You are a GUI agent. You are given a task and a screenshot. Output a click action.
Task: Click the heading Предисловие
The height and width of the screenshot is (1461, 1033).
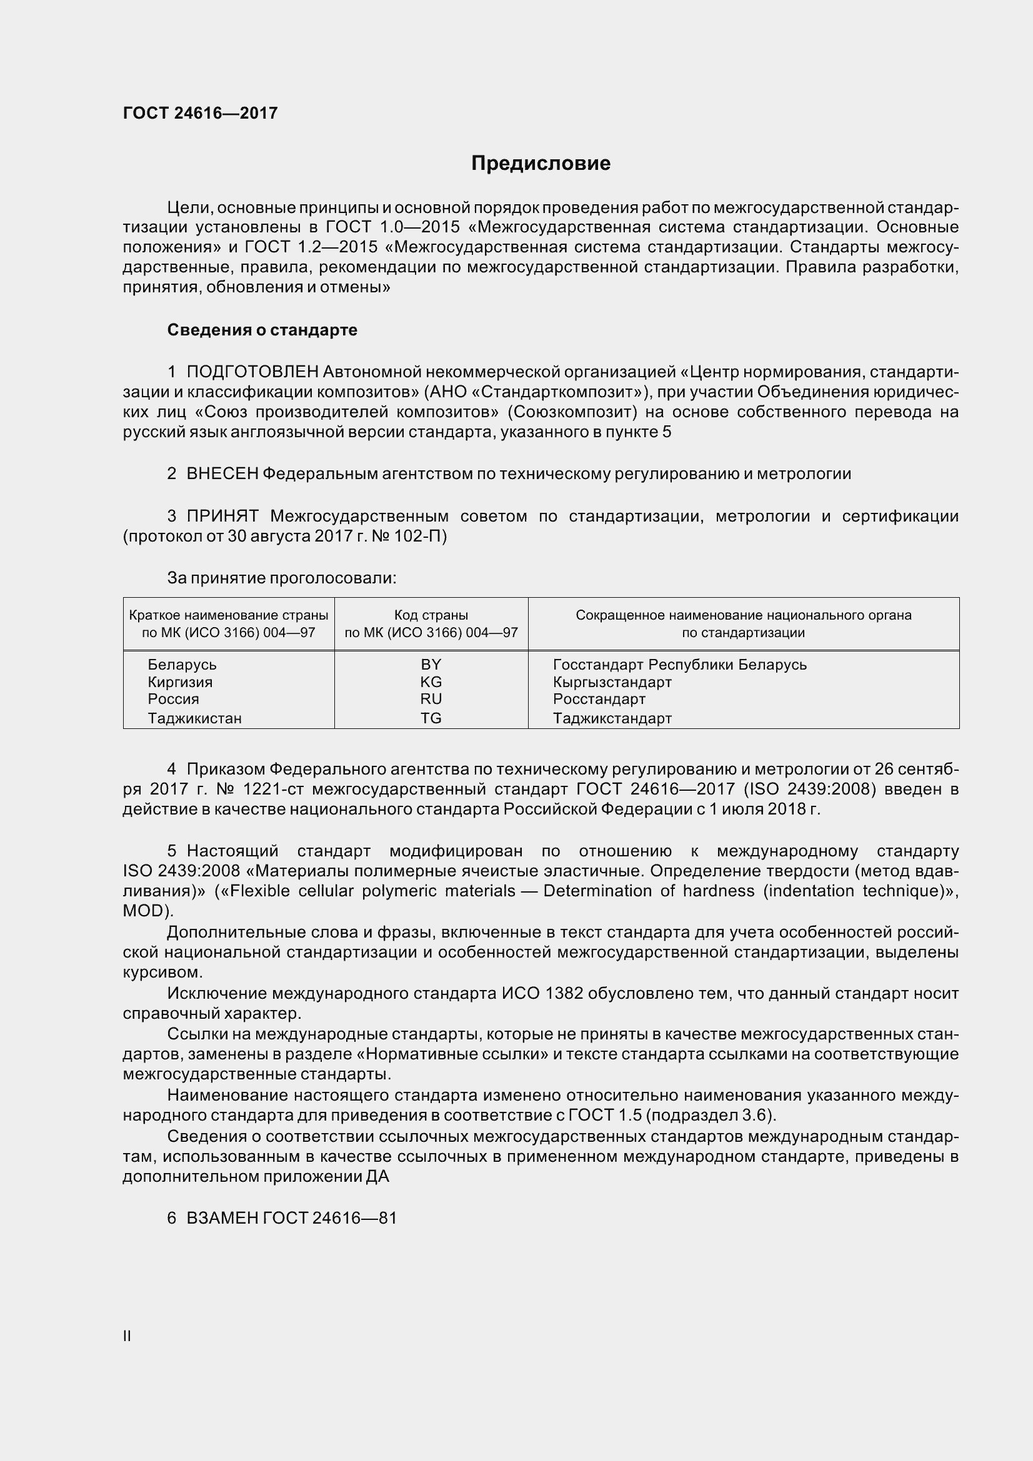(x=541, y=164)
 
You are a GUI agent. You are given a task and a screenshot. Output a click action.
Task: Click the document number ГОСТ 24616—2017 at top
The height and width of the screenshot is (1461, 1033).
(x=200, y=113)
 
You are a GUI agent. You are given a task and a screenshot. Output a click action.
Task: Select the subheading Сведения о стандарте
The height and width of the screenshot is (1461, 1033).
(x=262, y=330)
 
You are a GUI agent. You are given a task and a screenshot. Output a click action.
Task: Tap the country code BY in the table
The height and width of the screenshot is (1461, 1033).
(x=431, y=665)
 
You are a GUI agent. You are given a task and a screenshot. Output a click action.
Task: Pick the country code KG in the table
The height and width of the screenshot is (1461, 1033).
(x=431, y=681)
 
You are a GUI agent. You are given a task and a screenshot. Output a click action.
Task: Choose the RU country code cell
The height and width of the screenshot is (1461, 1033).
(x=431, y=699)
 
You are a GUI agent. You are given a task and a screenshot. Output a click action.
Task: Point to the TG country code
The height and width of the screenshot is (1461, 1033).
(x=431, y=718)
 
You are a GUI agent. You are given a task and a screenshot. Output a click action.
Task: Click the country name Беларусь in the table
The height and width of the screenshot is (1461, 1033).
(x=182, y=665)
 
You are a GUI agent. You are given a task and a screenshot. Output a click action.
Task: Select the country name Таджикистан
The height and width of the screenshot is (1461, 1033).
(x=194, y=718)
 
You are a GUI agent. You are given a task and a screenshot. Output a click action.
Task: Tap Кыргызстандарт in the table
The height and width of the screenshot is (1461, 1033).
(x=612, y=681)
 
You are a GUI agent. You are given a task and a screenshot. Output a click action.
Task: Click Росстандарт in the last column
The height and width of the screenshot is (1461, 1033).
(x=599, y=699)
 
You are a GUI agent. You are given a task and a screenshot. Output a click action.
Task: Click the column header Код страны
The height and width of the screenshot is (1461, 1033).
(x=431, y=615)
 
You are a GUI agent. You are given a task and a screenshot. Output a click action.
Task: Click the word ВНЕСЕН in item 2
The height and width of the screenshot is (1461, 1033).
(x=222, y=473)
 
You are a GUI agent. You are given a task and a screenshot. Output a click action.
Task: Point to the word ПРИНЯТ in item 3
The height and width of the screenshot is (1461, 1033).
(x=222, y=516)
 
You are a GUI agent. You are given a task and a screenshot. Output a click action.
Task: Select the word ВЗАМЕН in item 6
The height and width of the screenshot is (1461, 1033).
(x=221, y=1218)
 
